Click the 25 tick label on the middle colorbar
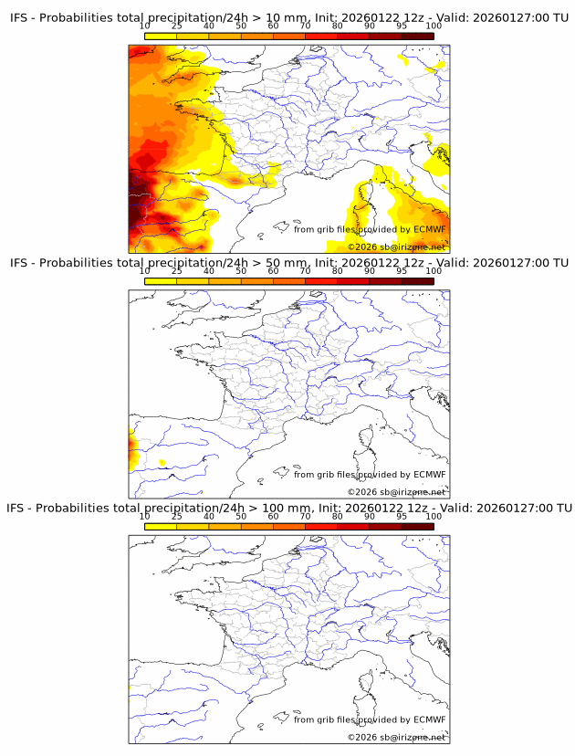click(176, 271)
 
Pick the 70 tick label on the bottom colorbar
click(305, 516)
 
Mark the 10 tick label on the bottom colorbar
click(144, 516)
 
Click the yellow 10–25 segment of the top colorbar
click(161, 37)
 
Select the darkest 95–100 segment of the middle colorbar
click(417, 280)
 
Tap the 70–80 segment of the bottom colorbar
click(321, 525)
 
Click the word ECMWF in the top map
click(430, 229)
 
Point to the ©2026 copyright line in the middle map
click(396, 492)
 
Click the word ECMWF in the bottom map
click(430, 719)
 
